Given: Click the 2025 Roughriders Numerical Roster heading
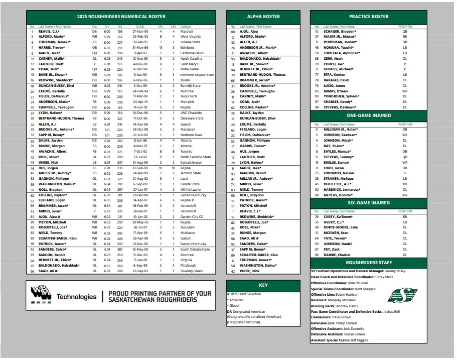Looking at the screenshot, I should point(121,17).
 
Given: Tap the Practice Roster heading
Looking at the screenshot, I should point(369,17).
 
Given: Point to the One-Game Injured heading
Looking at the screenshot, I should point(369,115).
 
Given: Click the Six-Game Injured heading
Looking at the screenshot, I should point(369,203).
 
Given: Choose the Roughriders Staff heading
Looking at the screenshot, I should point(369,263).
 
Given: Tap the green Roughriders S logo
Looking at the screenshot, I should point(402,295).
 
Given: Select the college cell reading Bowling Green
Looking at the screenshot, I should point(192,271).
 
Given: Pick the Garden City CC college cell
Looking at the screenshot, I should point(192,217).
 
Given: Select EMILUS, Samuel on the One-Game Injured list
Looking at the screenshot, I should point(336,162).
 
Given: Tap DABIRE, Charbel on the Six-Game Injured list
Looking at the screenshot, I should point(336,255).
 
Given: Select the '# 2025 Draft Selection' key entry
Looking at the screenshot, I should point(244,293).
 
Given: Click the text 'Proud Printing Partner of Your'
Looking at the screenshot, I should point(160,293).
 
